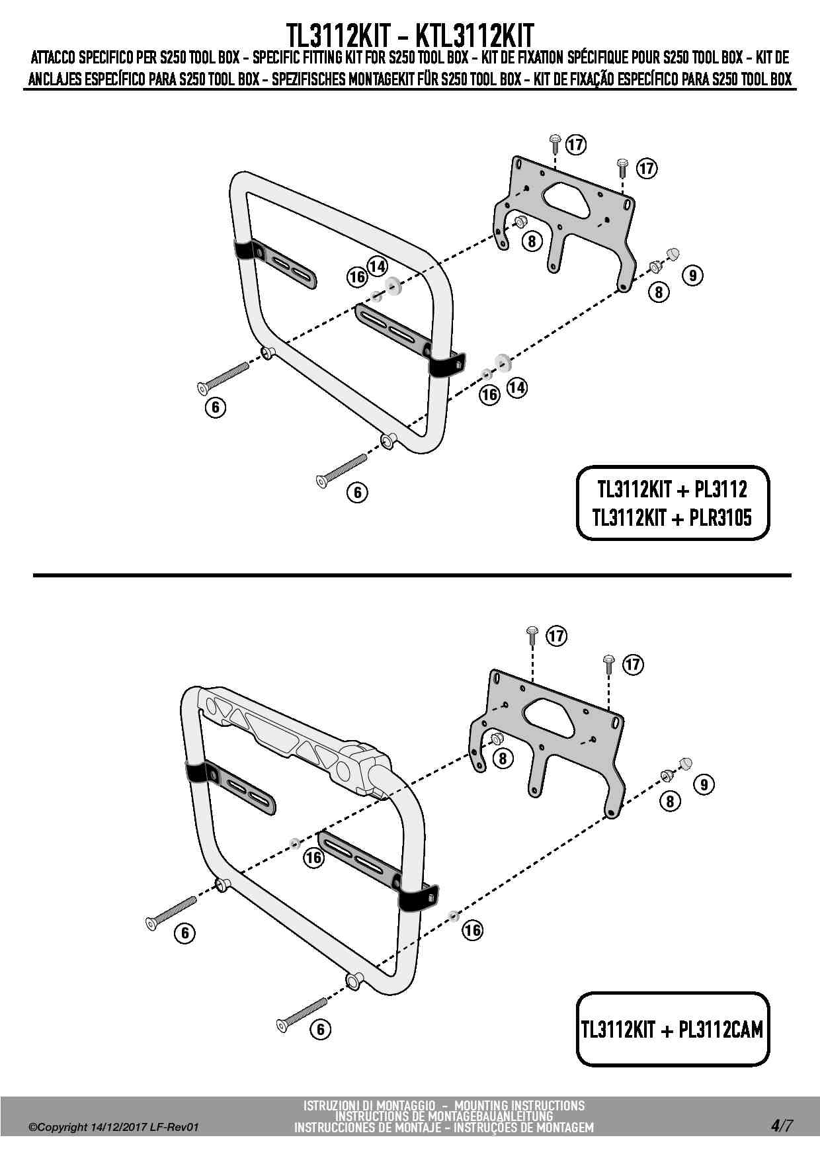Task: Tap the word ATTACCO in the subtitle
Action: click(x=52, y=58)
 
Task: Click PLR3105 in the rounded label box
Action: click(x=719, y=518)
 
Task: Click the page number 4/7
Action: click(x=780, y=1125)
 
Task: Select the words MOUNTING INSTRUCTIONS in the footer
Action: click(x=520, y=1105)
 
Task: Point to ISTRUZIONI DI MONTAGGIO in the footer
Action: click(x=369, y=1105)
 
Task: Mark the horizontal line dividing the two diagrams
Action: click(x=412, y=575)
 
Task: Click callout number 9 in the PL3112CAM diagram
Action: click(x=704, y=784)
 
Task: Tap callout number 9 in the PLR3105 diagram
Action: click(x=692, y=275)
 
